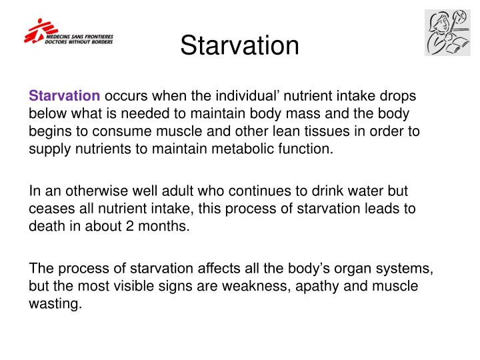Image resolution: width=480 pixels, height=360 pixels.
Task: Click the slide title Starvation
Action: tap(239, 45)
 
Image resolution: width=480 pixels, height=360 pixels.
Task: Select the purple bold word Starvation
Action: tap(64, 97)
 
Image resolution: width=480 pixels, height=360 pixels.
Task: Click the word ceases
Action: tap(49, 208)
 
